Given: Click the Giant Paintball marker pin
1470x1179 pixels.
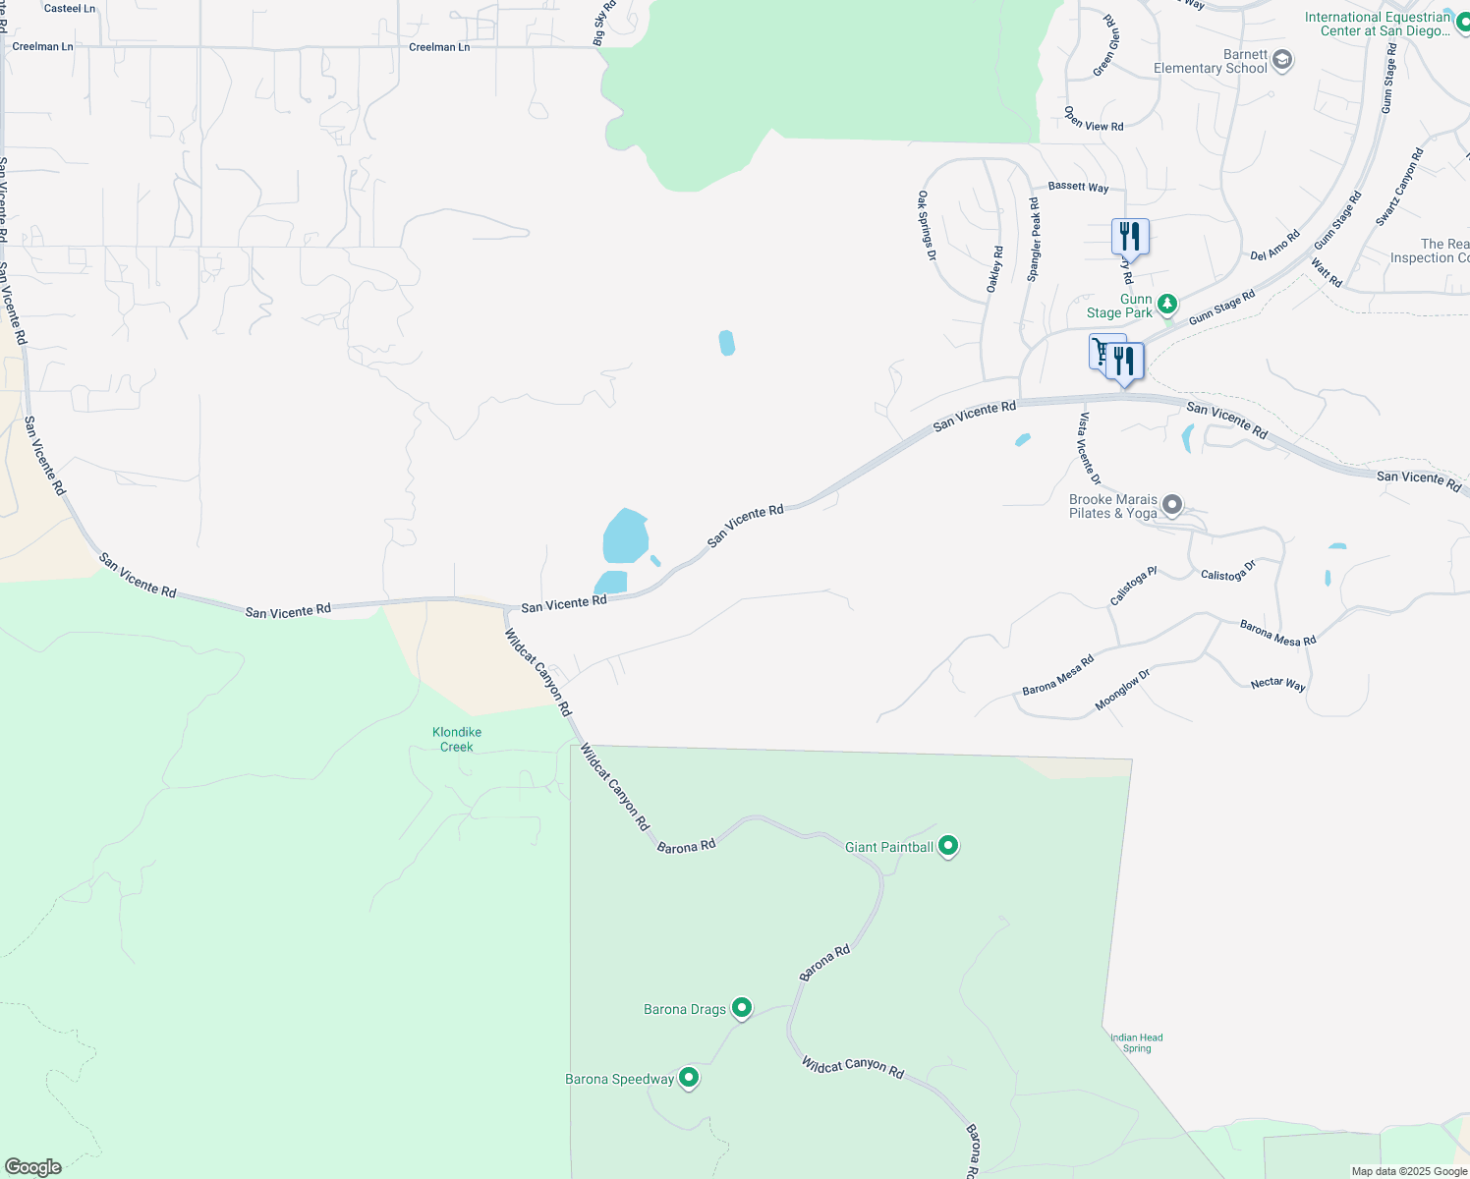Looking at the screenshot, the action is [x=948, y=846].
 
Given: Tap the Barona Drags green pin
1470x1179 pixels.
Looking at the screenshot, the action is [x=742, y=1008].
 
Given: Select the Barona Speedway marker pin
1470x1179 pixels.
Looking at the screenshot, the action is [x=689, y=1078].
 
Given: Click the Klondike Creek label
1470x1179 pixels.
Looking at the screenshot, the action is [x=457, y=740].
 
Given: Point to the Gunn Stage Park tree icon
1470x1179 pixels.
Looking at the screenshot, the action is [x=1167, y=305].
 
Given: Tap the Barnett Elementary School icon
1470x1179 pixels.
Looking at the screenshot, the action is [x=1281, y=61].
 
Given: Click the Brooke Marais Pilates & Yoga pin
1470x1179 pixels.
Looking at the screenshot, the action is [x=1172, y=506].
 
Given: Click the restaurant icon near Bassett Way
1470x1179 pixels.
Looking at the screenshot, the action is [x=1130, y=238].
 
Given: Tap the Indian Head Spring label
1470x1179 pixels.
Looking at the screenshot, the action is [x=1137, y=1042].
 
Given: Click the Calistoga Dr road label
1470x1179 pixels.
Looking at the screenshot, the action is [x=1228, y=572].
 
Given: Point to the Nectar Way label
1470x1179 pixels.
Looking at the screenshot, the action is [x=1277, y=683].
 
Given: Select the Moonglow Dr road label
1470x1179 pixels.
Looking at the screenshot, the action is [x=1121, y=691].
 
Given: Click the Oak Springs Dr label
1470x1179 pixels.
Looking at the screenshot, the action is [x=927, y=226].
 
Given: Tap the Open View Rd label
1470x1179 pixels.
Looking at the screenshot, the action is [x=1094, y=119].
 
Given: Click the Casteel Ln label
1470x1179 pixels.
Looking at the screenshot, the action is [x=70, y=9].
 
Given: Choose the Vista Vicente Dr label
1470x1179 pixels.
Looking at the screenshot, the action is [x=1089, y=448].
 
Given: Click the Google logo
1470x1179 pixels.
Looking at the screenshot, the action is [x=33, y=1167].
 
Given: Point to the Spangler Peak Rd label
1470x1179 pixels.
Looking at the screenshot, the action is [x=1034, y=240].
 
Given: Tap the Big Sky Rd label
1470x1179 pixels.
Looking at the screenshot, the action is [x=604, y=23].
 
